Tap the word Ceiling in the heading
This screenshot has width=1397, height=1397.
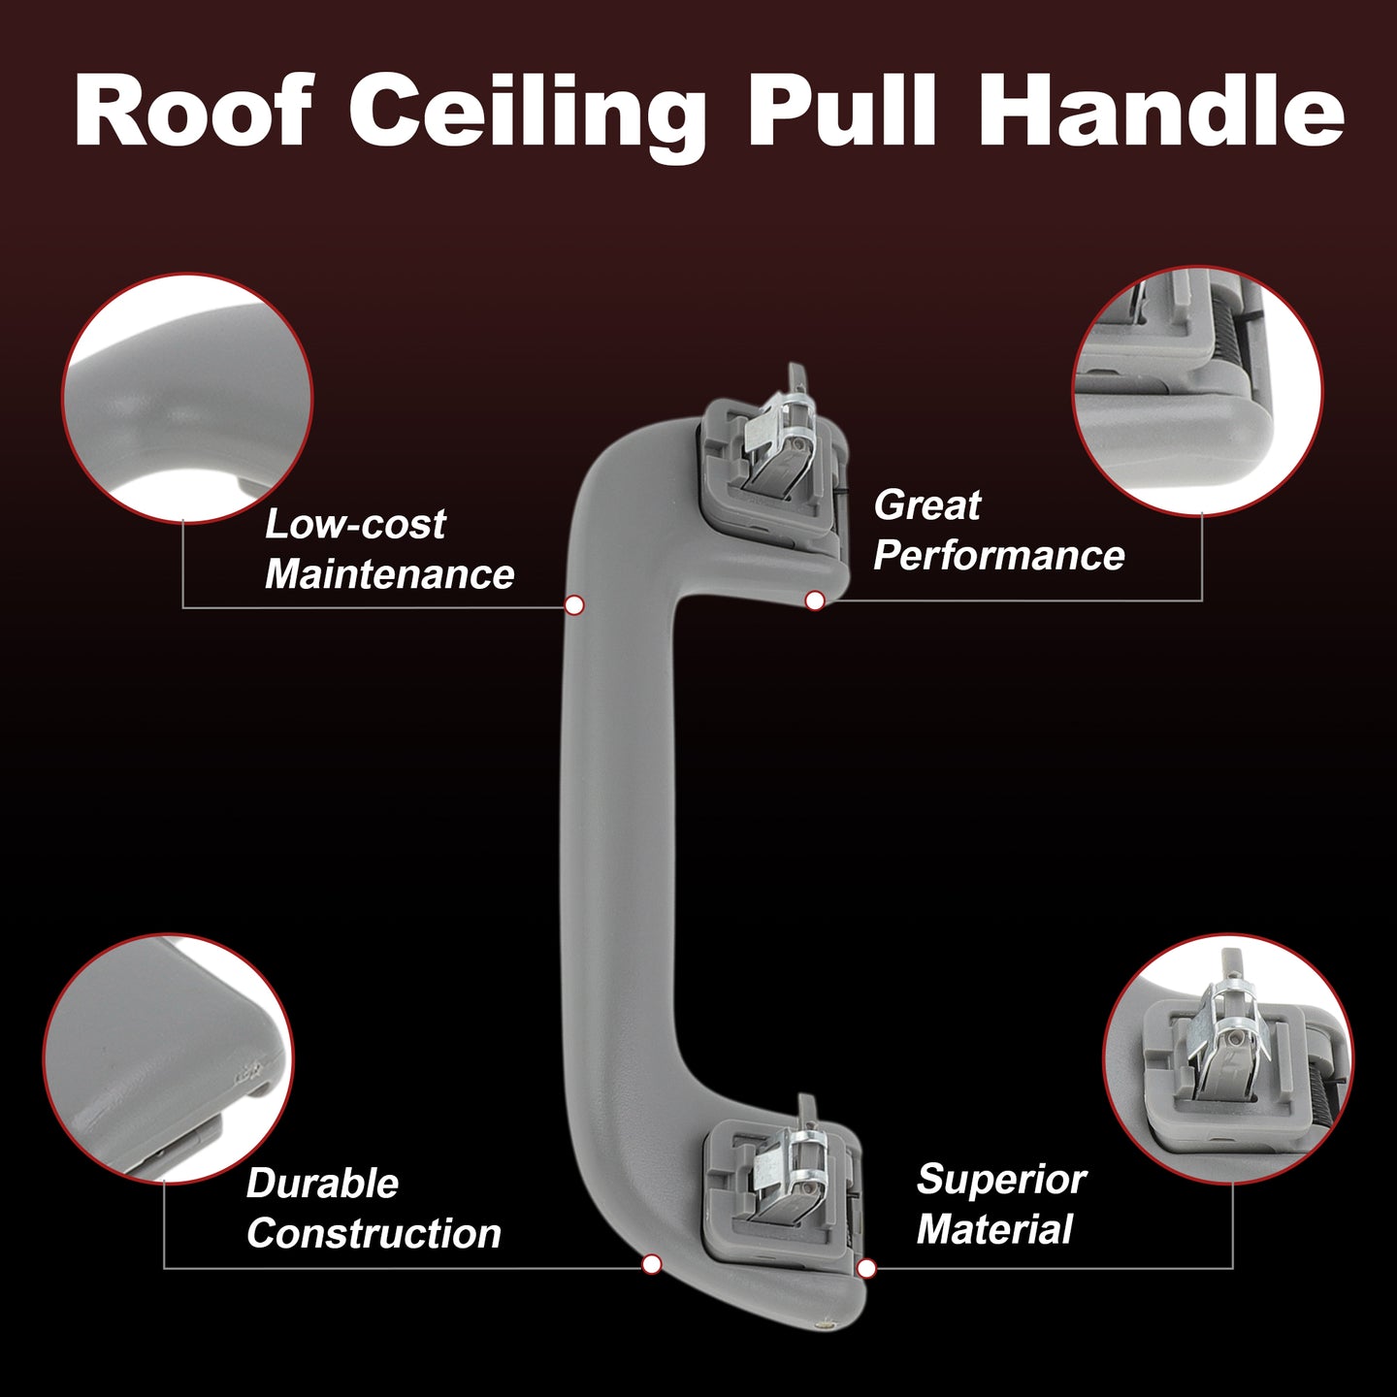(527, 117)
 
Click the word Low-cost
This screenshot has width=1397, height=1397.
(355, 524)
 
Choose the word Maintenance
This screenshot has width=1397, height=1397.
(389, 574)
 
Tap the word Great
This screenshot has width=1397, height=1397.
(927, 504)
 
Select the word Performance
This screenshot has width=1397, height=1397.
(999, 555)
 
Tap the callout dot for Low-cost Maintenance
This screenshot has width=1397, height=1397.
(574, 605)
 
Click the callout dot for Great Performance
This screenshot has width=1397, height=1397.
(815, 601)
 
